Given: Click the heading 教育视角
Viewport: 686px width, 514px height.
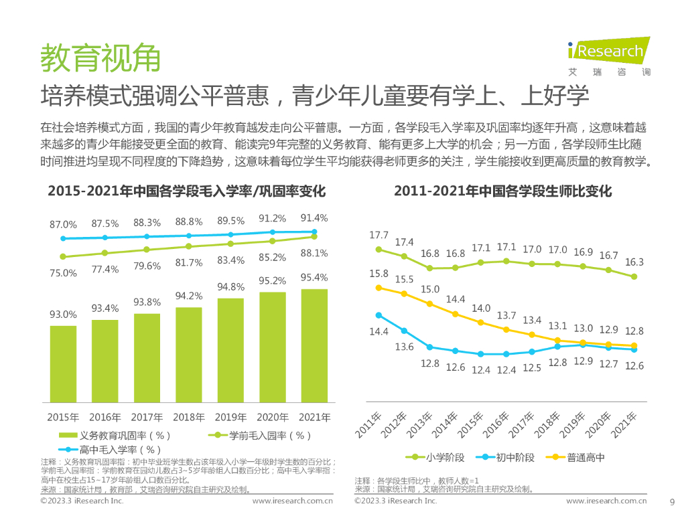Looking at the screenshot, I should [x=100, y=58].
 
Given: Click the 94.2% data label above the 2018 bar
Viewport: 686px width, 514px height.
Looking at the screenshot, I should [x=189, y=296].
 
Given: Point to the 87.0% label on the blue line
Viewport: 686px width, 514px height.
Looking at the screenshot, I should [x=64, y=224].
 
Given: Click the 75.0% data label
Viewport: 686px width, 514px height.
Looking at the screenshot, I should [x=64, y=272].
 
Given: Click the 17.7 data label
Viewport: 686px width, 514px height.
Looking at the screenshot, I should [x=379, y=235].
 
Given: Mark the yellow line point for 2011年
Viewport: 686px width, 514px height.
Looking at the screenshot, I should [x=379, y=288].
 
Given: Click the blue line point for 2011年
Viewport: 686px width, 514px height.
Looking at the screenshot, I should [x=379, y=315].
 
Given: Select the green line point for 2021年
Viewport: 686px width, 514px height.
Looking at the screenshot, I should [x=633, y=276].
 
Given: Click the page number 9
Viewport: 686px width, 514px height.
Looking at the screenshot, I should [x=673, y=501].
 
